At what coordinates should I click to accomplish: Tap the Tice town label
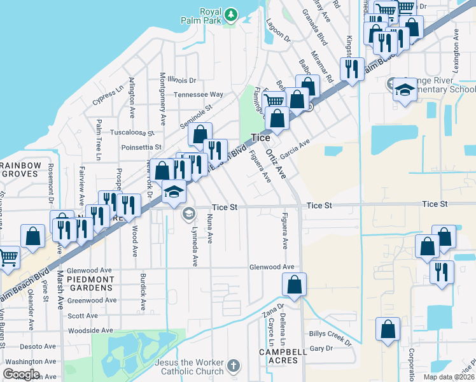260,138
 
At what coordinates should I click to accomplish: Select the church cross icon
234,366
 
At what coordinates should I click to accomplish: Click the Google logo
21,374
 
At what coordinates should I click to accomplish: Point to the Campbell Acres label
279,356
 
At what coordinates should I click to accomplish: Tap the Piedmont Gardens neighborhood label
85,283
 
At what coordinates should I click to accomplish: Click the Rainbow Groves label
21,170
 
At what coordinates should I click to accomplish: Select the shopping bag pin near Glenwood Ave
294,285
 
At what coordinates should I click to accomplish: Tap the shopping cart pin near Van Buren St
8,258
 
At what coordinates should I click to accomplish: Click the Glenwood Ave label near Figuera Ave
272,267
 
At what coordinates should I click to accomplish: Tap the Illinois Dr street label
183,80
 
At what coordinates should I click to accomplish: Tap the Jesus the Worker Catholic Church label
189,367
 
